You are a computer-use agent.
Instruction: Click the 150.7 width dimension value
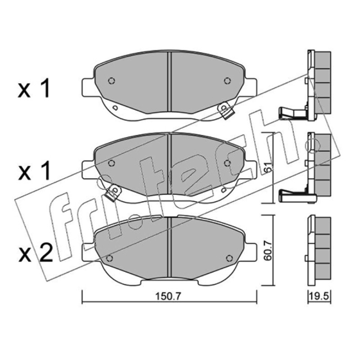click(168, 296)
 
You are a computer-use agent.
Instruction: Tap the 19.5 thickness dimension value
click(319, 296)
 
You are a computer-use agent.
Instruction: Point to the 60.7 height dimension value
click(268, 250)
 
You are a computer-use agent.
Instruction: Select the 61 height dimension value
click(268, 167)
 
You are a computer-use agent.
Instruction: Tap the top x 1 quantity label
click(34, 88)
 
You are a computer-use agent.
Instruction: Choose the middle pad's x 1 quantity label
click(34, 171)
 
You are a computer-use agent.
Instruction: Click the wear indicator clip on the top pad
click(226, 111)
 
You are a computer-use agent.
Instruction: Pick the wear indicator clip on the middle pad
click(113, 193)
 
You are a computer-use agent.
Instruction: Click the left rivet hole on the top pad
click(111, 81)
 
